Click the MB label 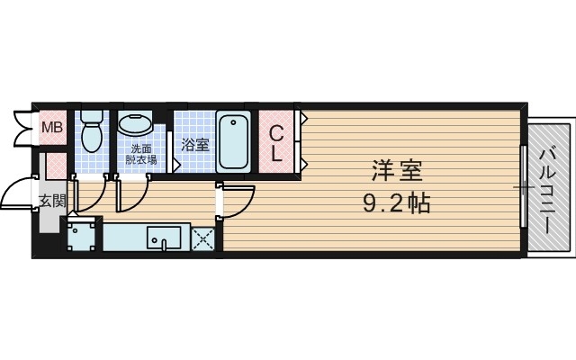[52, 127]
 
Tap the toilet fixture [91, 133]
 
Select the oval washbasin [136, 123]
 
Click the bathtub [233, 140]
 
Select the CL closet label [277, 144]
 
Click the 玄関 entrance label [51, 200]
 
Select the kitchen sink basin [164, 239]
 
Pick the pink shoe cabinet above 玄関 [56, 166]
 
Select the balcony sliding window [524, 189]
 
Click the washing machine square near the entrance [83, 238]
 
